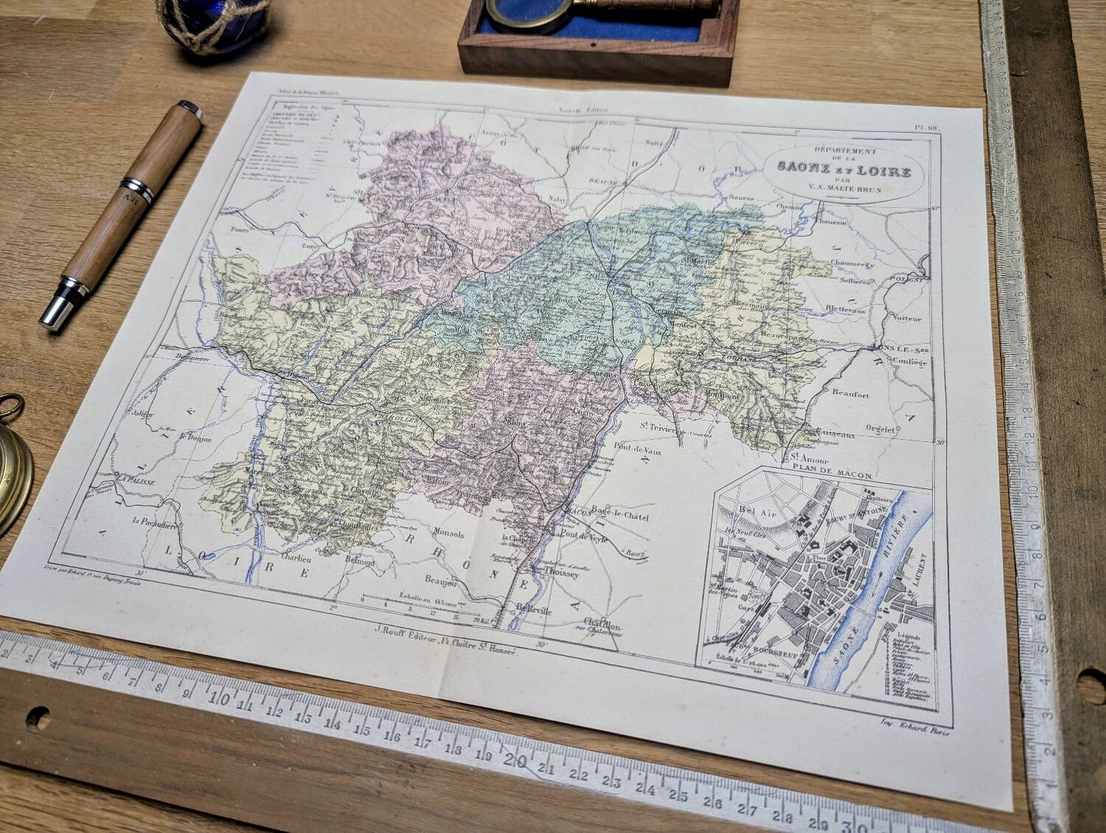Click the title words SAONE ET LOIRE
(844, 171)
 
